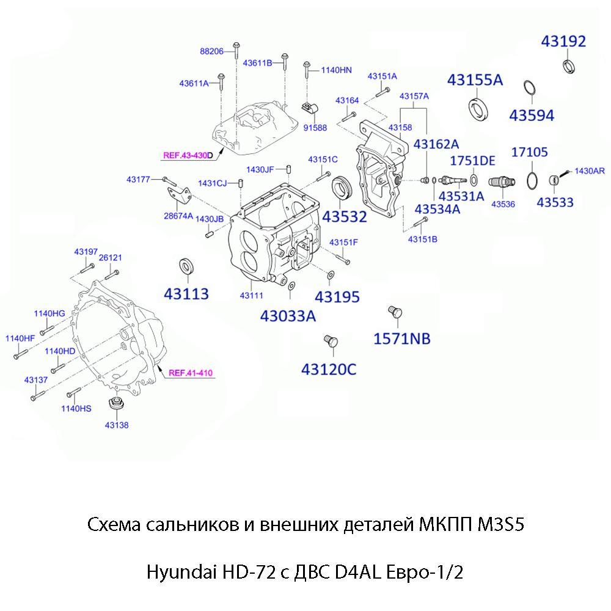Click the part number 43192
[x=563, y=42]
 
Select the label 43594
[x=532, y=115]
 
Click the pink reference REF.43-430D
[x=188, y=156]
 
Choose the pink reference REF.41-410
[x=191, y=373]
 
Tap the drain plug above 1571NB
[x=395, y=312]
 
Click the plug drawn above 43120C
[x=330, y=341]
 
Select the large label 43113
[x=186, y=294]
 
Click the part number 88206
[x=211, y=52]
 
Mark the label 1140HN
[x=337, y=70]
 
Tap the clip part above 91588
[x=310, y=109]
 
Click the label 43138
[x=116, y=425]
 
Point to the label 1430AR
[x=589, y=171]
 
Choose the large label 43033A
[x=288, y=316]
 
